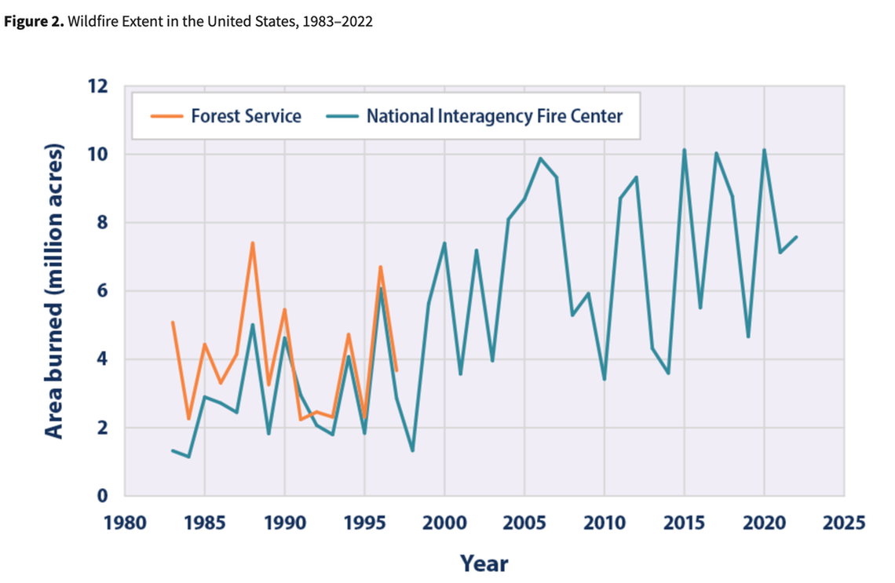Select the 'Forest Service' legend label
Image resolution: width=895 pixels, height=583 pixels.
click(246, 116)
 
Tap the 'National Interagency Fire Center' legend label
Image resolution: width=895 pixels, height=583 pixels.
click(495, 116)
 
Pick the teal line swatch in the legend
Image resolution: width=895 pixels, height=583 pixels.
click(341, 116)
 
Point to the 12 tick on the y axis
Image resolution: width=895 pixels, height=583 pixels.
click(99, 86)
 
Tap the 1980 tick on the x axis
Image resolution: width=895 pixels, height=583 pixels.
click(125, 522)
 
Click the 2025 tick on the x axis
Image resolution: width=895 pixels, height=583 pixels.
click(844, 522)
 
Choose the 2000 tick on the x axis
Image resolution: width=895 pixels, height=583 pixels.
click(444, 522)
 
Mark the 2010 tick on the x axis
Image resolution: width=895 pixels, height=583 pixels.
click(605, 522)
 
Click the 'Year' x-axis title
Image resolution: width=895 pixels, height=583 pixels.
click(484, 563)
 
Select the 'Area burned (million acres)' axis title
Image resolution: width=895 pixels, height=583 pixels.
click(53, 291)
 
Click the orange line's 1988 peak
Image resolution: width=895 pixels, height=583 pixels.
click(252, 242)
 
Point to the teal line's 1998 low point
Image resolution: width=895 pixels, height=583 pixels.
click(412, 450)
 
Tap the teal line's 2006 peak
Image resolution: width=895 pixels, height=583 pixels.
click(540, 159)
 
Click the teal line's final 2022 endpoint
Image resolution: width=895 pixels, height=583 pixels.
click(796, 237)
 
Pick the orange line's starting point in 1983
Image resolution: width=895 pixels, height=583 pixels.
click(172, 322)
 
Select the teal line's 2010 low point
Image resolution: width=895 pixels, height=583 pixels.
click(605, 379)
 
